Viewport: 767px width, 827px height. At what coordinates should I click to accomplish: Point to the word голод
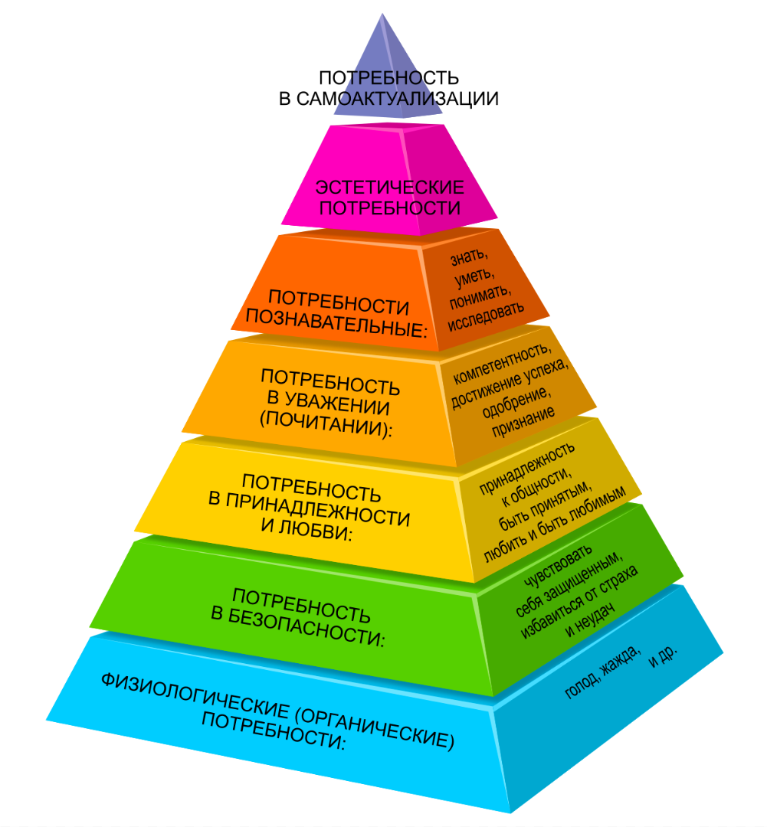pyautogui.click(x=580, y=685)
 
